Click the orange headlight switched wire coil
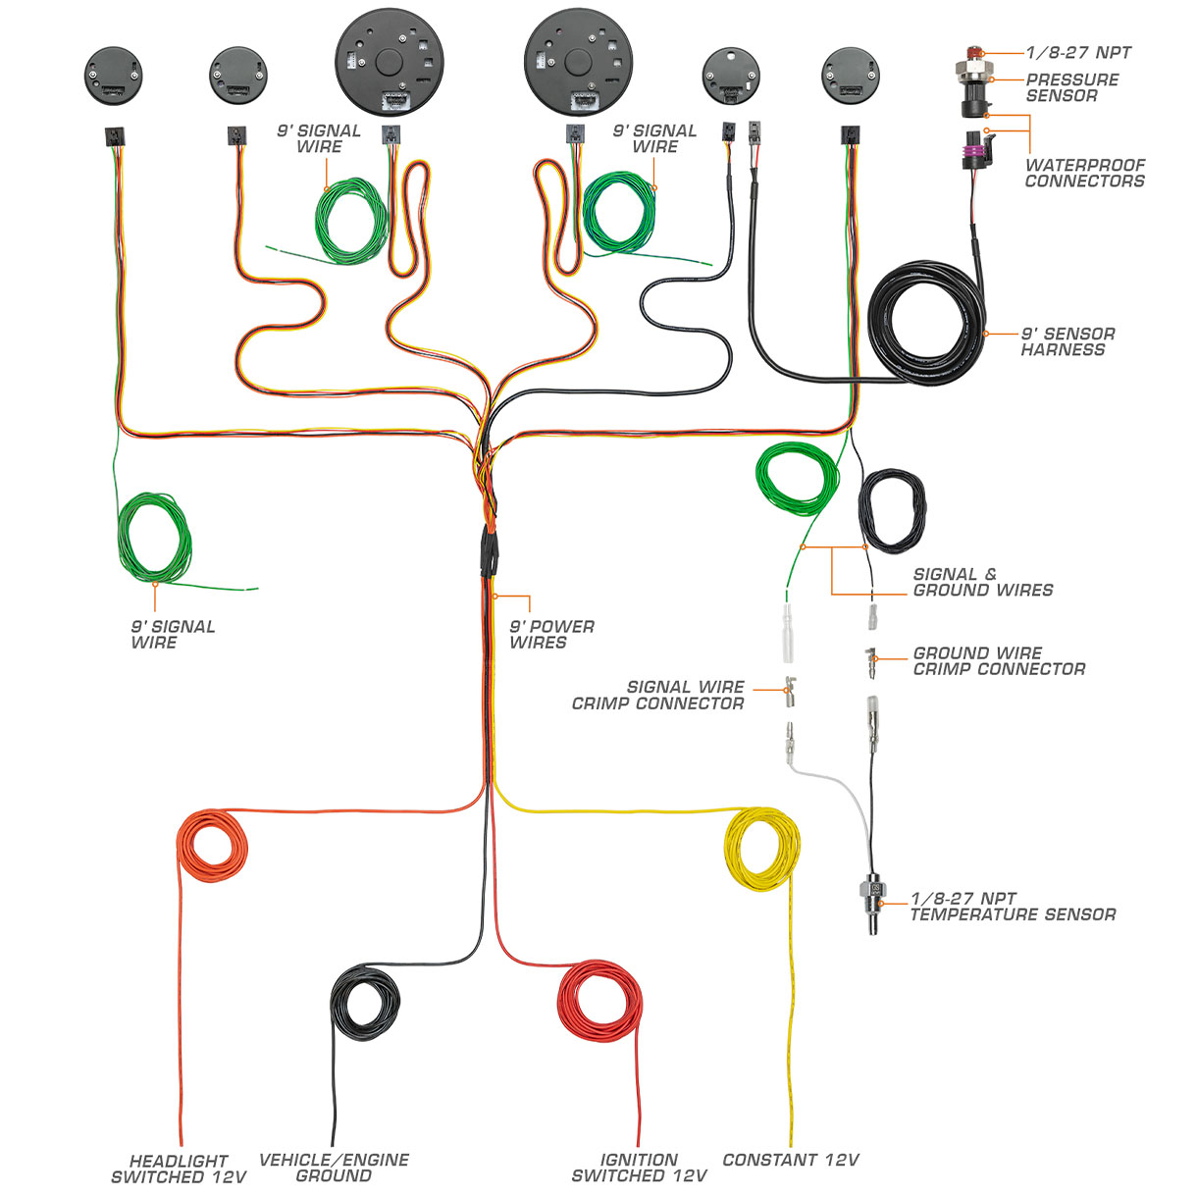pyautogui.click(x=211, y=846)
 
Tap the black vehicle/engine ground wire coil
pyautogui.click(x=365, y=1001)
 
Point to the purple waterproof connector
pyautogui.click(x=979, y=157)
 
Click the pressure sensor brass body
pyautogui.click(x=973, y=75)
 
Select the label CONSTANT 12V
pyautogui.click(x=790, y=1160)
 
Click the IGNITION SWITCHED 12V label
pyautogui.click(x=639, y=1168)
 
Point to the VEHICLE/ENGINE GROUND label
pyautogui.click(x=334, y=1168)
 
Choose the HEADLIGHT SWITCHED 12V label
pyautogui.click(x=179, y=1169)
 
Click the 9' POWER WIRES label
pyautogui.click(x=551, y=635)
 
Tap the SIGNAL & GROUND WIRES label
pyautogui.click(x=982, y=582)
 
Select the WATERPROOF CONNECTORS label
pyautogui.click(x=1084, y=173)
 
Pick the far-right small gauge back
pyautogui.click(x=851, y=76)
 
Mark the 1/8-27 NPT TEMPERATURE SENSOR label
pyautogui.click(x=1013, y=907)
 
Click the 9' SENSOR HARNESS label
pyautogui.click(x=1067, y=341)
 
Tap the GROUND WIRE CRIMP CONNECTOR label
pyautogui.click(x=999, y=660)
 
